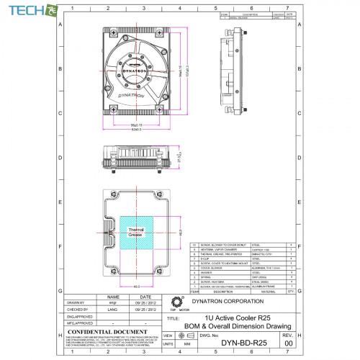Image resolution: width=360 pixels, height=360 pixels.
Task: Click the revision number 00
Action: click(x=288, y=344)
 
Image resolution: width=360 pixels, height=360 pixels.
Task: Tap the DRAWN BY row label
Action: click(x=76, y=302)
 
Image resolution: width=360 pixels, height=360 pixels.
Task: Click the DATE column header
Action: click(x=145, y=296)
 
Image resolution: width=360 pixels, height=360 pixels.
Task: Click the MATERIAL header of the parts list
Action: click(x=261, y=292)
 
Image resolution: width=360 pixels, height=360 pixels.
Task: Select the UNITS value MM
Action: click(x=187, y=345)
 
